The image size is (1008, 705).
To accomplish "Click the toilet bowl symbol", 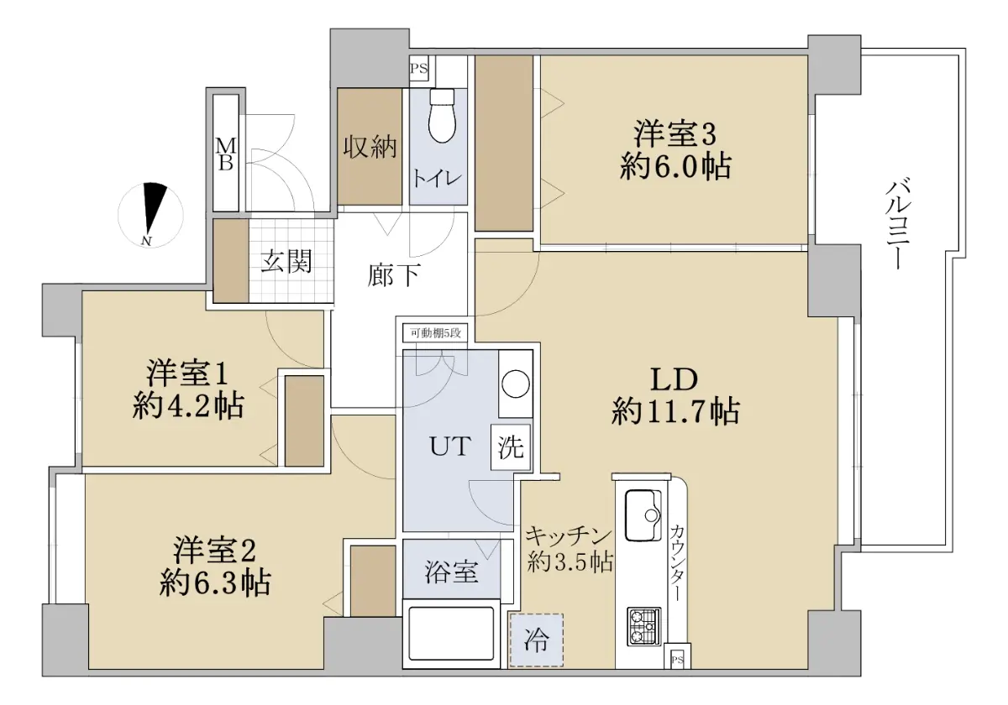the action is [x=444, y=116].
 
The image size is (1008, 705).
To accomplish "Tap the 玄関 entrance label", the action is [x=286, y=261].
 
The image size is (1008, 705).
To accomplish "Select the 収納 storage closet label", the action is [x=370, y=147].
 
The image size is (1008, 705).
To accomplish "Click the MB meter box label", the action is [x=225, y=154].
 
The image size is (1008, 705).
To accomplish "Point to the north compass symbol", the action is [x=150, y=216].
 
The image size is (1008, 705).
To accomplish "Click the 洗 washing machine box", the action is [x=511, y=446].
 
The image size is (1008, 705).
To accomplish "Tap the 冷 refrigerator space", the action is [x=537, y=640].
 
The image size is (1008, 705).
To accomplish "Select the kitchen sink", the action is [x=644, y=515].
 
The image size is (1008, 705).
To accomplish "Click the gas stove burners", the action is [x=644, y=627].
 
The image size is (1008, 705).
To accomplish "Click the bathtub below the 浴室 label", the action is [x=451, y=633].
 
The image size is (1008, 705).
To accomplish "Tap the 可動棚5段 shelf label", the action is [x=436, y=333].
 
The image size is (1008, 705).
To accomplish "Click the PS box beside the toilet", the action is [x=418, y=69].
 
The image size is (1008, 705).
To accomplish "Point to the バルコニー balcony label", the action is [x=899, y=224].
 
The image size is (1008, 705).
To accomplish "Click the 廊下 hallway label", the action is [x=394, y=274].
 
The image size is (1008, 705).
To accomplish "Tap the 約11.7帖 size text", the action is [x=675, y=411].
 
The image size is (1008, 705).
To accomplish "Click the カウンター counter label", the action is [x=677, y=562].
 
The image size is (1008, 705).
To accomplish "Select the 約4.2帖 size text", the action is [x=188, y=405].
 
